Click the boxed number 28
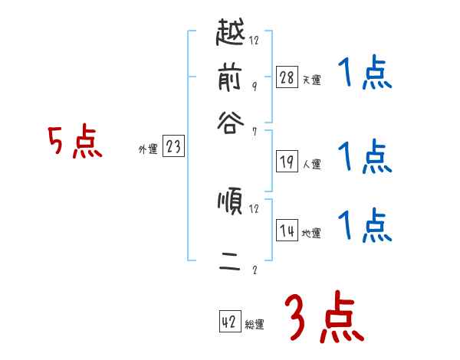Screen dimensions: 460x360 click(287, 77)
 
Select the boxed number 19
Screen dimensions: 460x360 click(287, 162)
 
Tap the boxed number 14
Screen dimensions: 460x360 click(287, 231)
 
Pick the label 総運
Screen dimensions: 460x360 click(254, 325)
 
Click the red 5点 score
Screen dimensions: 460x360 click(74, 143)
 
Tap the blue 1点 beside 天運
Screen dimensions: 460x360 click(365, 75)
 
